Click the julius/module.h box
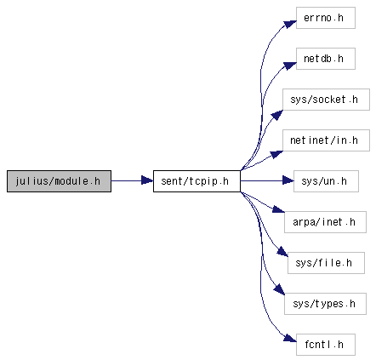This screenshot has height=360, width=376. tap(59, 181)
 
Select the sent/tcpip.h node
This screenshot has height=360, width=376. tap(197, 181)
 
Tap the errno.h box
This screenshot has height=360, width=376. tap(326, 18)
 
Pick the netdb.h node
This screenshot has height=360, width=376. tap(326, 59)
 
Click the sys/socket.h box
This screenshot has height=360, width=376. tap(326, 100)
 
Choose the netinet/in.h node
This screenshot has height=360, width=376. tap(326, 140)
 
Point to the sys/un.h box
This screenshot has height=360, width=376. tap(326, 181)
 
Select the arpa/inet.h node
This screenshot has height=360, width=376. tap(325, 222)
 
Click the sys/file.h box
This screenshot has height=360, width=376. tap(326, 263)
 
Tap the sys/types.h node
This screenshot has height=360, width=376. tap(325, 304)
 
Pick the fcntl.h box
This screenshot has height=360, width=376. tap(326, 345)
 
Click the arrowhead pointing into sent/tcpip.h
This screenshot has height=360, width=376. tap(147, 180)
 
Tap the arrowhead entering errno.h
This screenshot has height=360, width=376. tap(290, 24)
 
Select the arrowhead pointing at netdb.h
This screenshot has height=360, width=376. tap(290, 66)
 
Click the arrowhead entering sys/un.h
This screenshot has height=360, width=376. tap(288, 180)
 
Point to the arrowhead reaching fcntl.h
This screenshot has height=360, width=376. tap(290, 338)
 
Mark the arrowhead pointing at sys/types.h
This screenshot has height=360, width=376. tap(279, 289)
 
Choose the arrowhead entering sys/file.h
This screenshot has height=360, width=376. tap(282, 252)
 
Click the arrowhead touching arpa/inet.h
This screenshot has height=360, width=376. tap(278, 209)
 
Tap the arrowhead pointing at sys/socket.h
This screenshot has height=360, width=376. tap(277, 116)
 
